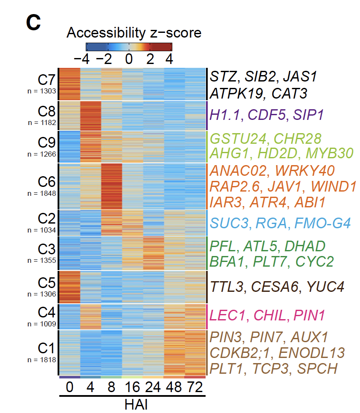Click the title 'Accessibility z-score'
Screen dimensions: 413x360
click(x=134, y=33)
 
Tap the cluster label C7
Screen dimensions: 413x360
click(x=46, y=80)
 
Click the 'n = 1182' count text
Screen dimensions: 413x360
click(x=41, y=123)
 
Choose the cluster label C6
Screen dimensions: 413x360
click(x=46, y=182)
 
